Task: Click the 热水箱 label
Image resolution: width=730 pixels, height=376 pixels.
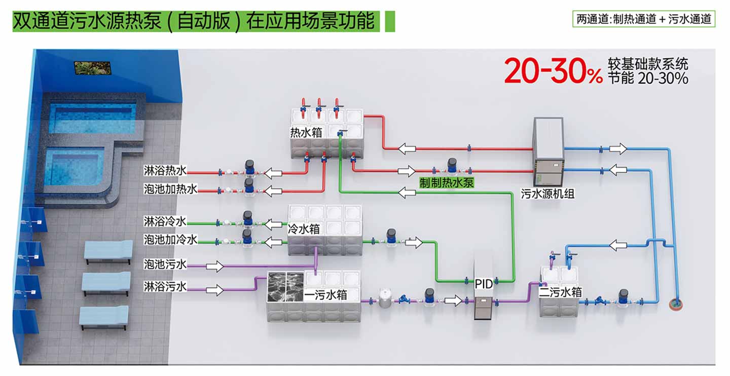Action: point(306,133)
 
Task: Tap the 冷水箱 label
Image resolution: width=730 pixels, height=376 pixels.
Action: point(304,229)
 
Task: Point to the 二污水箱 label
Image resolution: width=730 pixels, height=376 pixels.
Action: point(560,292)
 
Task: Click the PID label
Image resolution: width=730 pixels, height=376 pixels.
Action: point(484,284)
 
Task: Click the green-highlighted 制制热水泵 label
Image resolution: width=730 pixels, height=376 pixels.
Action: point(447,182)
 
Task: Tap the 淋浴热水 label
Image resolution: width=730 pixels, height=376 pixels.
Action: point(165,170)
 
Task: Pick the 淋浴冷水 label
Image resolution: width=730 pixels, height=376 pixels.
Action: point(165,221)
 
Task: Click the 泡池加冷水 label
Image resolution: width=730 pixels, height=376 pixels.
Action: point(170,239)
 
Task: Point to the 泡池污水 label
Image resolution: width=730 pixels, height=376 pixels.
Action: point(165,264)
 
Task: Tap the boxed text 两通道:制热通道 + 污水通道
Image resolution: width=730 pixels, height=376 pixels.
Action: point(644,20)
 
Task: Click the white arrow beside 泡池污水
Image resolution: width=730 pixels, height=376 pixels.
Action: point(214,266)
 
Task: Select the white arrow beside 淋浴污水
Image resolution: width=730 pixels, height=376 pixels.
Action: point(214,290)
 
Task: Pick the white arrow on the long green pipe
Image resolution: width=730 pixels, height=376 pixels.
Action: point(407,193)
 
